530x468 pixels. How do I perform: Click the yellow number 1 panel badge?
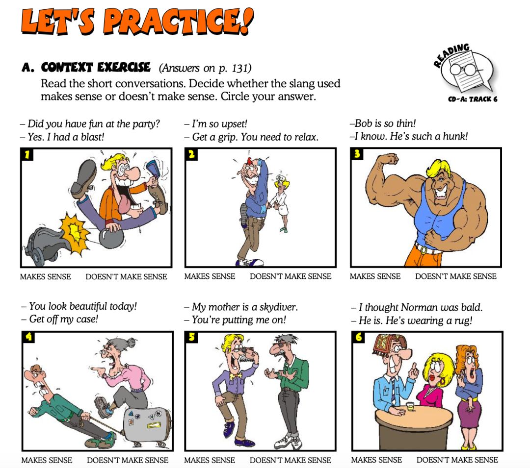click(27, 154)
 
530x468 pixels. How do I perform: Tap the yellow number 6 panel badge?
click(358, 337)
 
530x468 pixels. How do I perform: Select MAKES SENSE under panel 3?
click(375, 276)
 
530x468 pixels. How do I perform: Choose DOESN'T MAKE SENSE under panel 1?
click(126, 277)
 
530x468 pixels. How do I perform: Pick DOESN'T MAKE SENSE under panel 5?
click(291, 460)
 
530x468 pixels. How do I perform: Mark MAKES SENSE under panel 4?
click(47, 460)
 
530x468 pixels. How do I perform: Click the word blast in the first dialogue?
click(91, 137)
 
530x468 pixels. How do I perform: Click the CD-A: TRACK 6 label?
click(473, 99)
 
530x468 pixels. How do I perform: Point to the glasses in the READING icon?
click(464, 70)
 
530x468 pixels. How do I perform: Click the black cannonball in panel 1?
click(111, 238)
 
